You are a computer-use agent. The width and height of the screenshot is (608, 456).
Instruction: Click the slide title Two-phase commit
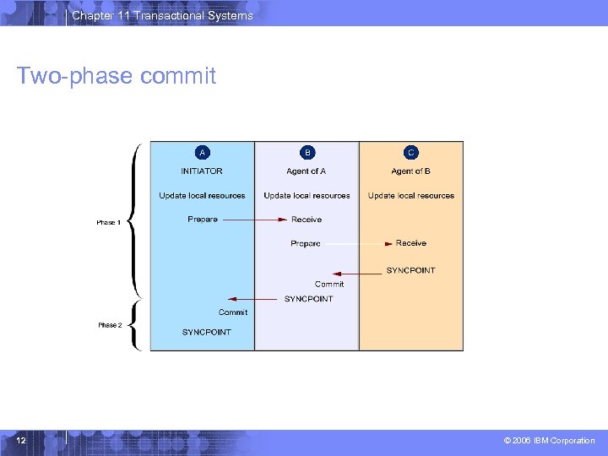[117, 77]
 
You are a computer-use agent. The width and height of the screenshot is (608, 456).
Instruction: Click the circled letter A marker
[202, 153]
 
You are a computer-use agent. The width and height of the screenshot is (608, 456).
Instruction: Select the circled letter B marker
[307, 153]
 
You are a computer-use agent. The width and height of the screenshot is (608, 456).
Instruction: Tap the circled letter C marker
[410, 153]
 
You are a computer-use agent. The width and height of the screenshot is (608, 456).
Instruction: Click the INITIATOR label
[202, 171]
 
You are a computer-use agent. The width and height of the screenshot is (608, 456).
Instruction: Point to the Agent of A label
[307, 171]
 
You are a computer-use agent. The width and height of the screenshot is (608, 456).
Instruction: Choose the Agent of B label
[410, 171]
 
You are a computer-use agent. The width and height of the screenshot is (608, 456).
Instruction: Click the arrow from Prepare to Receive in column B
[254, 220]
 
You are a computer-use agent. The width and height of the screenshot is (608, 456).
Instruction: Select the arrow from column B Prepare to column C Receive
[358, 243]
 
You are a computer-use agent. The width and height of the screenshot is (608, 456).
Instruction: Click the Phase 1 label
[109, 223]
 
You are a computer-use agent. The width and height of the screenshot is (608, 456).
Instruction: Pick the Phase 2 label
[110, 325]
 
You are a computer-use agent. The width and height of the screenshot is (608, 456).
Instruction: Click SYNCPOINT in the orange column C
[410, 270]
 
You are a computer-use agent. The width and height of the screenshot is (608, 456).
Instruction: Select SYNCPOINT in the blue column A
[206, 332]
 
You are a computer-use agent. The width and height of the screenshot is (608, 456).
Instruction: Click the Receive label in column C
[411, 243]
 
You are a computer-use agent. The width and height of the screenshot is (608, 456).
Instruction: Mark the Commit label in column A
[233, 312]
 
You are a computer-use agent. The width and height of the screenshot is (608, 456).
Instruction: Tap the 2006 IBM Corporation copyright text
[549, 441]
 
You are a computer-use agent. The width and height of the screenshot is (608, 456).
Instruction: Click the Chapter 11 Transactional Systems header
[162, 16]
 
